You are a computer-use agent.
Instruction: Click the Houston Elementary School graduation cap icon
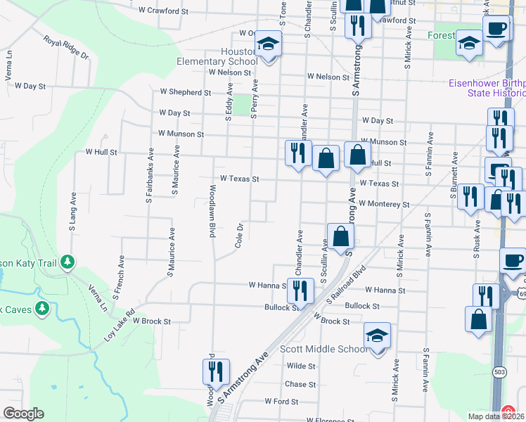268,44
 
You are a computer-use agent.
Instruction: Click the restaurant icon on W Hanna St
301,288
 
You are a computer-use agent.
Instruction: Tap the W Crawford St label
164,11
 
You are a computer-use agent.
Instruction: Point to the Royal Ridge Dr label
66,47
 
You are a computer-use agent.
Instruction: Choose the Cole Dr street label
240,235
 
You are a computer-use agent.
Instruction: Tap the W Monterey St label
383,204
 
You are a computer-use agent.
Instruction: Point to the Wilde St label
301,366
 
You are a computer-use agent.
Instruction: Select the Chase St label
300,384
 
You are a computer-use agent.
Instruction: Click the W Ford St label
281,402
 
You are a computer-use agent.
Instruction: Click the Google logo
23,414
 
